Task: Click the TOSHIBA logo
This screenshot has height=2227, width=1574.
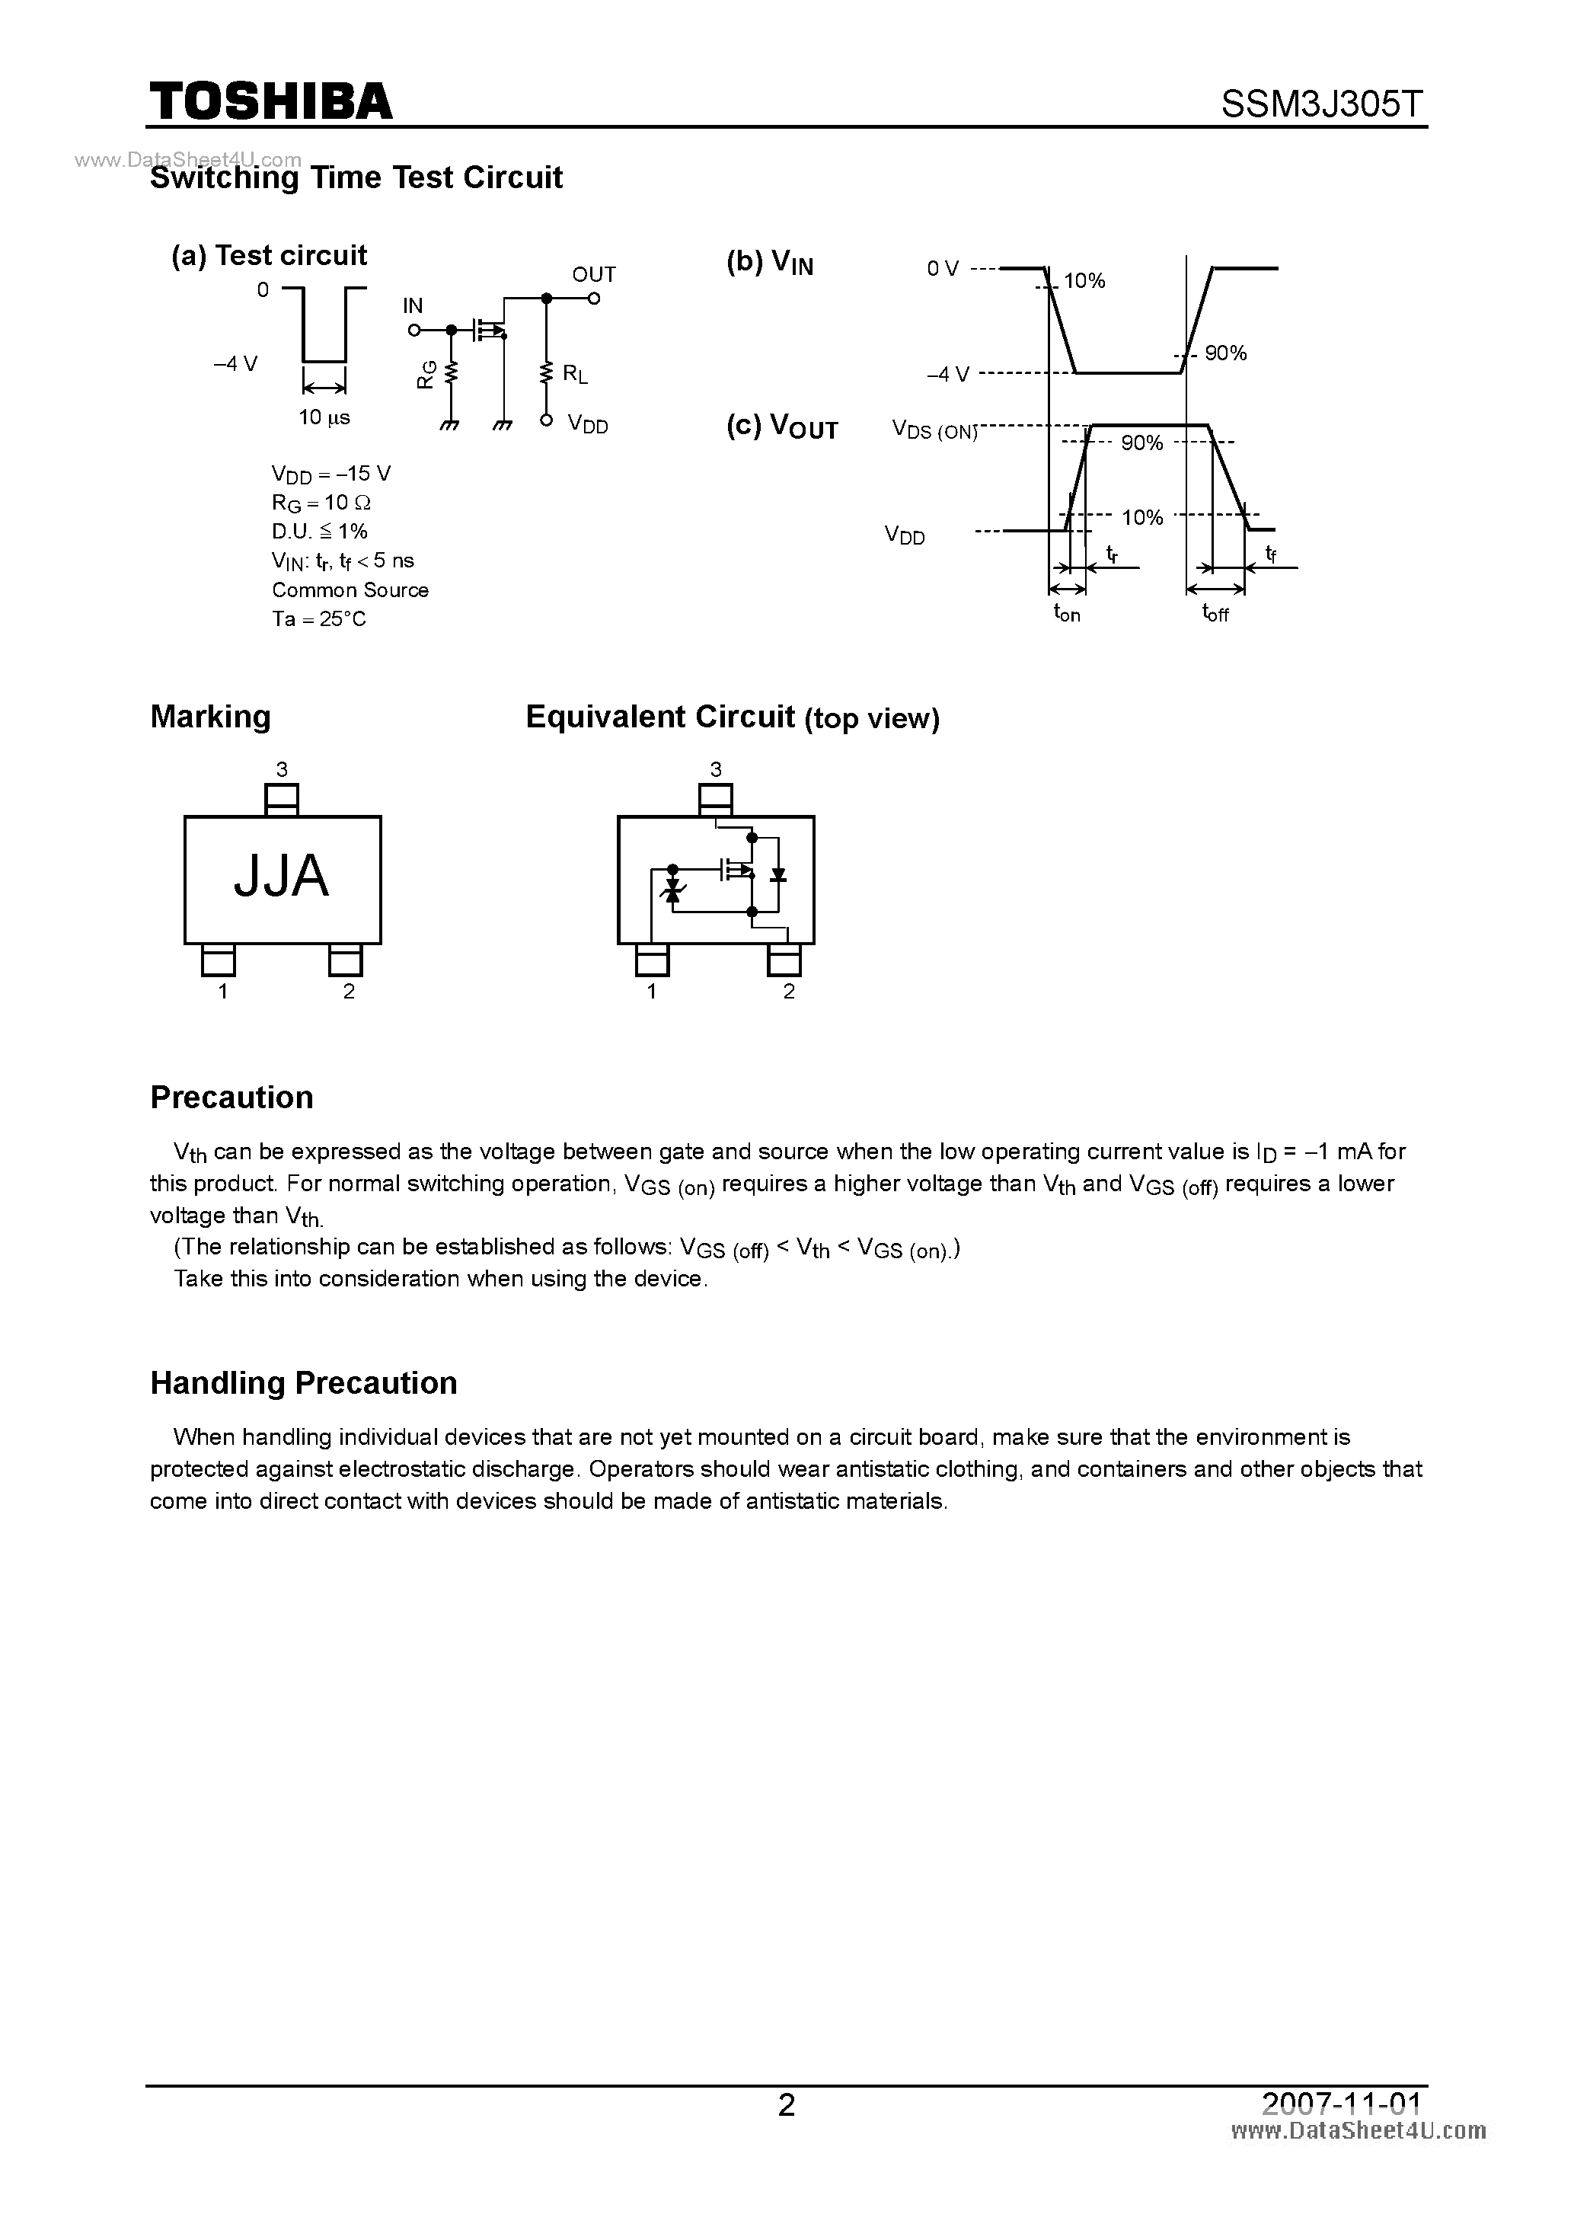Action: [x=270, y=101]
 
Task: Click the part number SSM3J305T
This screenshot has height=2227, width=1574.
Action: [x=1323, y=104]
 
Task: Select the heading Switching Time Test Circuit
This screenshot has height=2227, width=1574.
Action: [x=356, y=177]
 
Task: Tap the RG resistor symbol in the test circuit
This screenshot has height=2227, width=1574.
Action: [x=451, y=373]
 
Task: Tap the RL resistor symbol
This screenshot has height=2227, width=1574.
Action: [x=546, y=372]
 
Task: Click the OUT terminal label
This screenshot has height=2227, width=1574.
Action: [x=593, y=274]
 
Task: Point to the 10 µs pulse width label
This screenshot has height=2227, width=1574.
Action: [x=324, y=418]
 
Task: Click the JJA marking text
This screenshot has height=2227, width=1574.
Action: [x=281, y=876]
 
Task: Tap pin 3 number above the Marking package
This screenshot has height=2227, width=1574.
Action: [x=281, y=769]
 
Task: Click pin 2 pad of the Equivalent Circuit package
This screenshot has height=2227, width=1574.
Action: [x=784, y=961]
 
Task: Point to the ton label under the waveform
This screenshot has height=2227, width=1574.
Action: [x=1067, y=613]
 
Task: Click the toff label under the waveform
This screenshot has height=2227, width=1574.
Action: [x=1215, y=613]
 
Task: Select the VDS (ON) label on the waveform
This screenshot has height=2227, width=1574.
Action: [x=934, y=430]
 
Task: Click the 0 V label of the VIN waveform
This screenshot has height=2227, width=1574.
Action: [x=943, y=269]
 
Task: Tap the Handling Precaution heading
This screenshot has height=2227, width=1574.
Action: [x=304, y=1382]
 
